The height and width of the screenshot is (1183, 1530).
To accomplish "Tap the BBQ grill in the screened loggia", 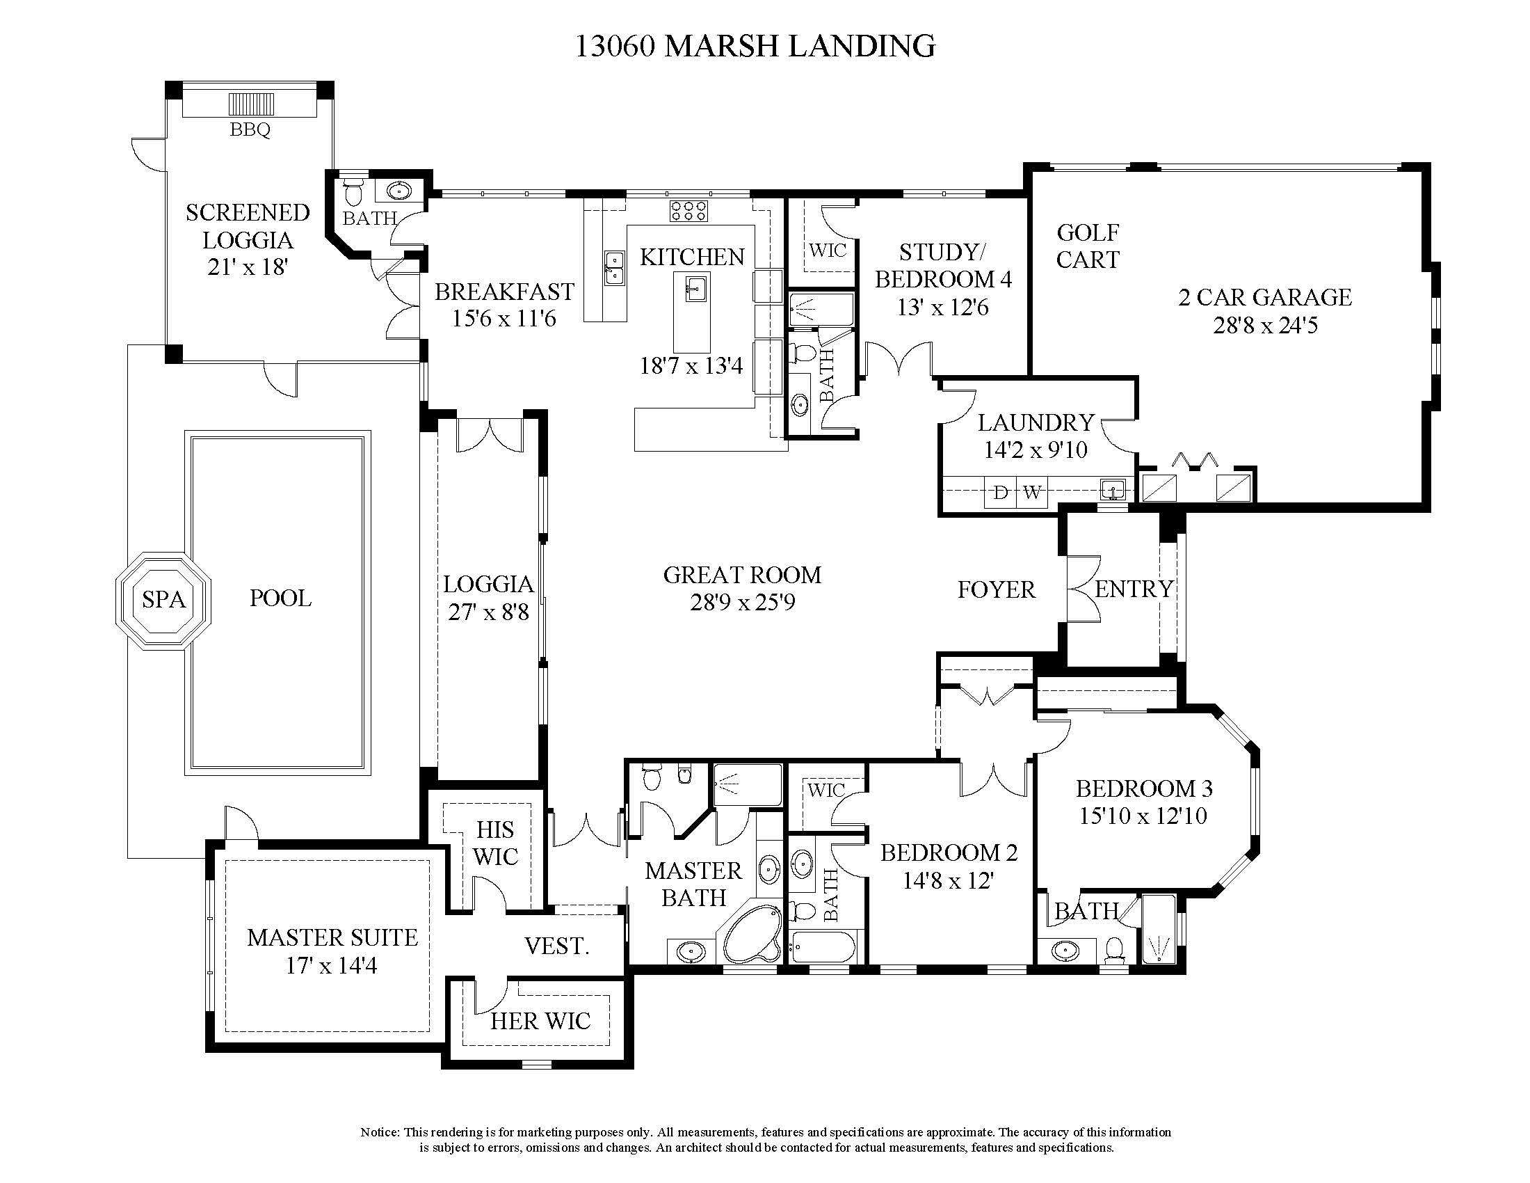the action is coord(251,104).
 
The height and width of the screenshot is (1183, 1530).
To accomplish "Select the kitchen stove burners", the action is coord(688,211).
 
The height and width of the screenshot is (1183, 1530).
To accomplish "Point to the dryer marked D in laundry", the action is coord(1000,493).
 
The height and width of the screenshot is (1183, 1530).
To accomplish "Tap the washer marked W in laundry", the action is coord(1031,493).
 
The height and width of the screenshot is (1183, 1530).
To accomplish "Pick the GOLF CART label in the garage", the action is coord(1088,246).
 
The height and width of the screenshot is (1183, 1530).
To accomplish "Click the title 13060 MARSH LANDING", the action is coord(755,46).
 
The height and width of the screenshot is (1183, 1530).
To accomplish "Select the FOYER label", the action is coord(996,589).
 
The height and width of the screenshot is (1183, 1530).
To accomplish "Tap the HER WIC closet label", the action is coord(540,1021).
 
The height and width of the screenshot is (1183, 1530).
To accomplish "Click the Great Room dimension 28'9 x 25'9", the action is coord(743,602).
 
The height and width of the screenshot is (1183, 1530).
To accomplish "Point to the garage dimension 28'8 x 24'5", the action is coord(1265,325).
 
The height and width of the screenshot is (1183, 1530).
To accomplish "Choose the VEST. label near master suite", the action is coord(557,946).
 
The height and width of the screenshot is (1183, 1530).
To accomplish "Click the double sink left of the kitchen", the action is coord(614,268).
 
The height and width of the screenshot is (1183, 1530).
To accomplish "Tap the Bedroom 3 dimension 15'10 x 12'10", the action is coord(1143,816).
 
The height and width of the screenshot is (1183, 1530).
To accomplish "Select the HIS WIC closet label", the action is coord(495,843).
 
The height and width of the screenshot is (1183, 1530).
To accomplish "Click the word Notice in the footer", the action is coord(379,1132).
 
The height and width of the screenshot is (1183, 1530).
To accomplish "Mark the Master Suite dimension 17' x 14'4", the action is coord(331,966).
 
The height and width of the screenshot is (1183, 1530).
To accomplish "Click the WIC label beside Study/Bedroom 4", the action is coord(828,251).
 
